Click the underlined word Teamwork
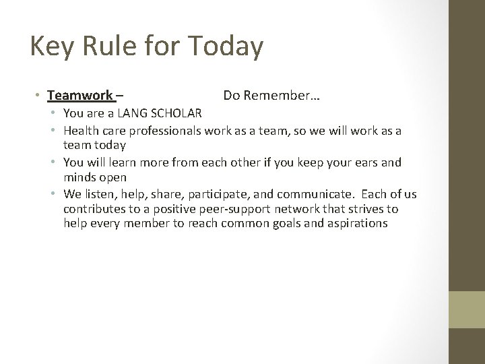[80, 96]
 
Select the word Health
[82, 130]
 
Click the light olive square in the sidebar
[467, 309]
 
